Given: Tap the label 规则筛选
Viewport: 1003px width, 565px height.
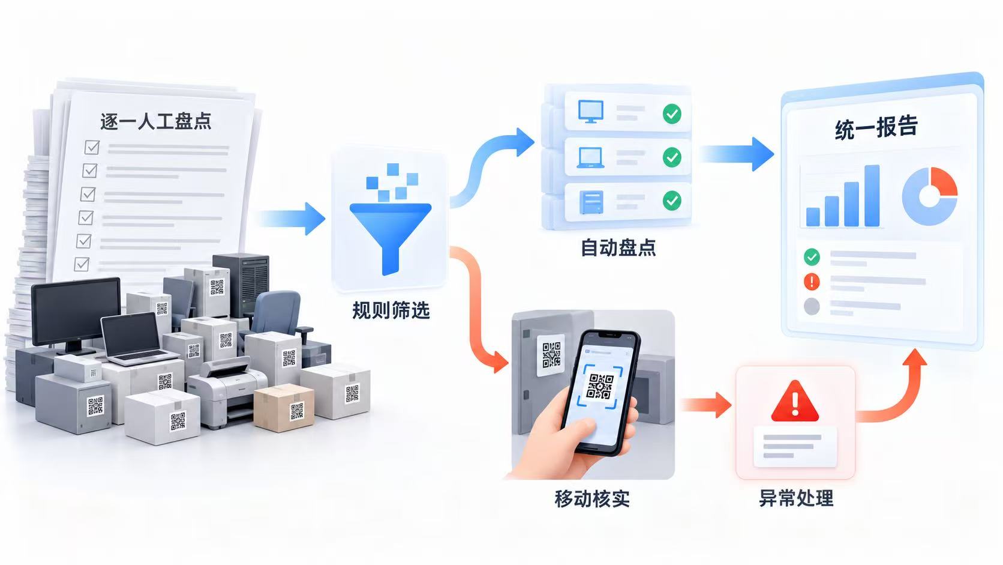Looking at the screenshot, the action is pyautogui.click(x=391, y=310).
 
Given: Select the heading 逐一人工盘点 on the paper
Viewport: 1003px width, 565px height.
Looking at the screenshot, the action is pyautogui.click(x=156, y=121).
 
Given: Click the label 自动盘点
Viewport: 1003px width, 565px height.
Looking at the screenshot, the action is pyautogui.click(x=618, y=247).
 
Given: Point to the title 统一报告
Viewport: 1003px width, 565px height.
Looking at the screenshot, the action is pyautogui.click(x=876, y=127).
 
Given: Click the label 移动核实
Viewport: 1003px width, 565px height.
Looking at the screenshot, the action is pyautogui.click(x=592, y=498).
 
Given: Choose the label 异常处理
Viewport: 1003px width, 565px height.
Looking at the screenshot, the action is pyautogui.click(x=796, y=498).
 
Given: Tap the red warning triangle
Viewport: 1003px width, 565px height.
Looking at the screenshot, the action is pyautogui.click(x=795, y=402).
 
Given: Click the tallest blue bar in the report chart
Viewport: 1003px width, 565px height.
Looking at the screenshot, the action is pyautogui.click(x=872, y=196).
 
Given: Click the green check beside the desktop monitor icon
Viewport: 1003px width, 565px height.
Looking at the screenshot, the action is pyautogui.click(x=672, y=114).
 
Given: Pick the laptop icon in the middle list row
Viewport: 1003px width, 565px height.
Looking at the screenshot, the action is pyautogui.click(x=590, y=157).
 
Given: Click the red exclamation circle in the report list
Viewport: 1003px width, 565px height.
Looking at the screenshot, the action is pyautogui.click(x=812, y=282).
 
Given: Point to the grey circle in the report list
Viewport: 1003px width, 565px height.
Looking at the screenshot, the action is pyautogui.click(x=812, y=306).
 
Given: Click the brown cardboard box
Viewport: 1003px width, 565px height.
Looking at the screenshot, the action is pyautogui.click(x=284, y=408).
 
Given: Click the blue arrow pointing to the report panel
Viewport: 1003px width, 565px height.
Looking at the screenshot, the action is pyautogui.click(x=737, y=154).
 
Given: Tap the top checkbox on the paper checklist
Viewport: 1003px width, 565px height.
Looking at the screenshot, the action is pyautogui.click(x=92, y=147).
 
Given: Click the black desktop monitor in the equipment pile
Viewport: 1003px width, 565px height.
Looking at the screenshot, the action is pyautogui.click(x=76, y=313).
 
